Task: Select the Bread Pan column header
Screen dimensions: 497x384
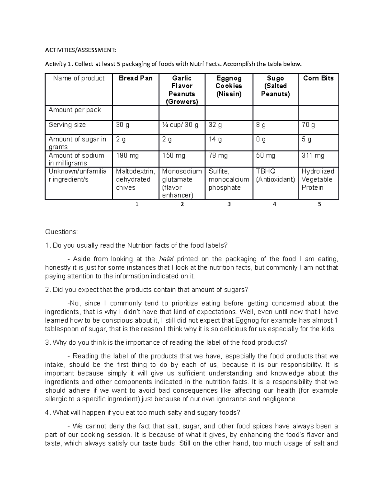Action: tap(136, 78)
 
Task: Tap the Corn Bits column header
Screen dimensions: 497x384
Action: tap(318, 78)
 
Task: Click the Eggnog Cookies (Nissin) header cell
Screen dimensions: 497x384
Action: tap(229, 86)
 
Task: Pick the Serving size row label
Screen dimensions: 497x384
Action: tap(67, 125)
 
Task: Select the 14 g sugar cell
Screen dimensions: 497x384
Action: tap(215, 140)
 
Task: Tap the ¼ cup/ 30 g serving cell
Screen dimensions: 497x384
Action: tap(180, 125)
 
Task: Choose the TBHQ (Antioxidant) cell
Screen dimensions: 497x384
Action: tap(275, 175)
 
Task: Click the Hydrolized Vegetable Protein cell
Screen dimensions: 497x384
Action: tap(318, 179)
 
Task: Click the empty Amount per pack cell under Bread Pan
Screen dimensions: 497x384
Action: tap(136, 113)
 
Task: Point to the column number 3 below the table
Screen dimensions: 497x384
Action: tap(229, 204)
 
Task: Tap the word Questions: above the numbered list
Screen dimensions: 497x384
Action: tap(61, 232)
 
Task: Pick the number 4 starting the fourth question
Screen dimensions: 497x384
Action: tap(47, 413)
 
